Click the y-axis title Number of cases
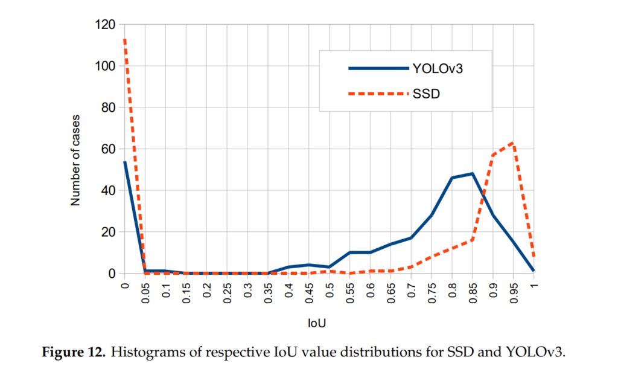pos(75,158)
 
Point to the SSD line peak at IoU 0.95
pos(514,143)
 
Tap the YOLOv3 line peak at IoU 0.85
pos(473,173)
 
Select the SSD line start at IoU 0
pos(124,39)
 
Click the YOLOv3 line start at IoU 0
pos(124,162)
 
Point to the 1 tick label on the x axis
pos(534,284)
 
